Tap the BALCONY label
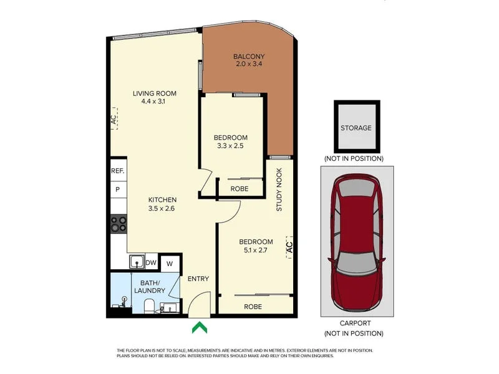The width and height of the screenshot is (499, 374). coord(247,55)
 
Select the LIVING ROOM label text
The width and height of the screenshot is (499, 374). coord(155,93)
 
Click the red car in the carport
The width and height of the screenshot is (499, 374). coord(357,244)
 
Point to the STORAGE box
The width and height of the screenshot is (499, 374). coord(356,128)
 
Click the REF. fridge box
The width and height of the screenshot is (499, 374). coord(118,171)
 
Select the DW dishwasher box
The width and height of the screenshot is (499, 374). coord(151,263)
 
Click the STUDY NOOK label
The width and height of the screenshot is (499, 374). coord(279,189)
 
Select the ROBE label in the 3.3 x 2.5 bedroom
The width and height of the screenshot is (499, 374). coord(240,188)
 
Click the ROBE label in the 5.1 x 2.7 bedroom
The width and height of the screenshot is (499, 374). coord(253,306)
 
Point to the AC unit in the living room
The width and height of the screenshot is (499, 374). coord(114,118)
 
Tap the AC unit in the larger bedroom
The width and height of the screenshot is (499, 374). coord(288,247)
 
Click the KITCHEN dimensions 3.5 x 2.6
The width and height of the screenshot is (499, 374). coord(161,209)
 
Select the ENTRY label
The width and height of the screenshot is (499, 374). coord(198,279)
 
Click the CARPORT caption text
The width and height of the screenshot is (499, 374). coord(356,323)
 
